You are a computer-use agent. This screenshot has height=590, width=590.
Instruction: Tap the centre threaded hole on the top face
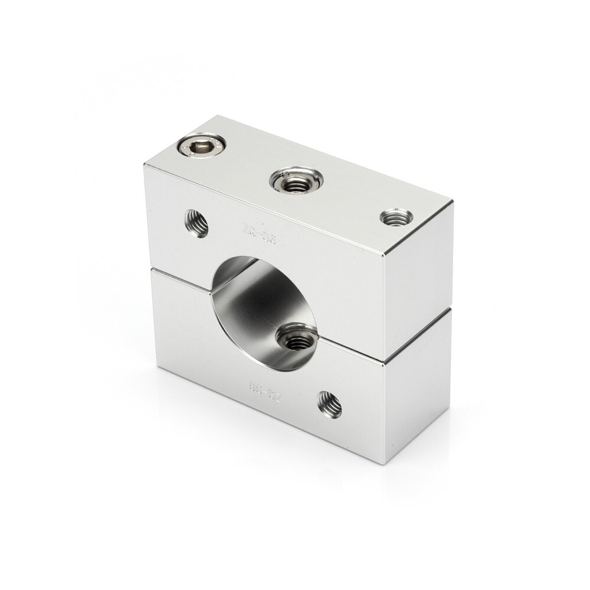(x=296, y=181)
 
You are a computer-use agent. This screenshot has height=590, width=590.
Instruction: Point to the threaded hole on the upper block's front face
(x=196, y=223)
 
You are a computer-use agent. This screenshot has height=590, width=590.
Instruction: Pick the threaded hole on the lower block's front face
(x=329, y=404)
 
